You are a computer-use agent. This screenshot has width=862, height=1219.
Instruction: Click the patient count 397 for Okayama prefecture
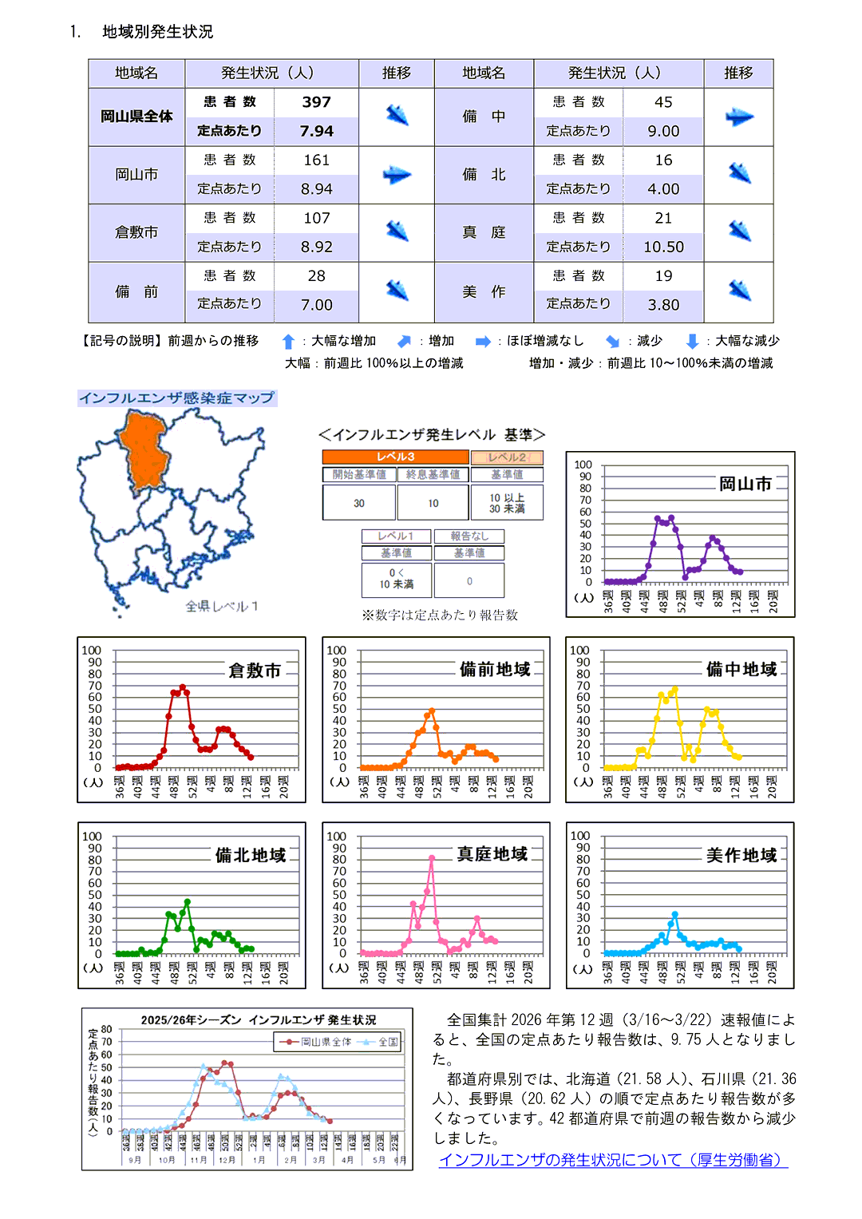[x=317, y=102]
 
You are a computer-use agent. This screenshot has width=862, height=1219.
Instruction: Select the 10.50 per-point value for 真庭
[x=663, y=247]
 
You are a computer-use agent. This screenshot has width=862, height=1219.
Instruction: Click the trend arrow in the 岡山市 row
[x=397, y=175]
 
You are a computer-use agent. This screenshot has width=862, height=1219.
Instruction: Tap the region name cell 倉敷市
[x=136, y=232]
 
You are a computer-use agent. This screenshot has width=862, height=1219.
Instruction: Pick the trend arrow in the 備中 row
[x=739, y=117]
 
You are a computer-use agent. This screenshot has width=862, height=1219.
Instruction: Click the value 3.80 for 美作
[x=663, y=305]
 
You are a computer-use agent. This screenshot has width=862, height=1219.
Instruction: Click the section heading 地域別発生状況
[x=158, y=32]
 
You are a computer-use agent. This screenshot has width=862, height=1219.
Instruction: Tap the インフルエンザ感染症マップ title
[x=176, y=398]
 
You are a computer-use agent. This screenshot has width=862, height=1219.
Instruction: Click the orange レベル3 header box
[x=395, y=457]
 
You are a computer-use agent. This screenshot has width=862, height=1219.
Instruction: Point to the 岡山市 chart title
[x=745, y=484]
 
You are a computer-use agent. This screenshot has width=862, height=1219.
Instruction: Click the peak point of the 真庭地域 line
[x=432, y=858]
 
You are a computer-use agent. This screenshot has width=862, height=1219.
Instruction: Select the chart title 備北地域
[x=251, y=855]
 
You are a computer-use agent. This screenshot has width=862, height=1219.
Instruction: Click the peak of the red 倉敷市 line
[x=183, y=687]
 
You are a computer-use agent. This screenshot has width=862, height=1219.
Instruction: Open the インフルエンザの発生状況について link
[x=613, y=1159]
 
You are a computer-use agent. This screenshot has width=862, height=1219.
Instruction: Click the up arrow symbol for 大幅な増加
[x=289, y=342]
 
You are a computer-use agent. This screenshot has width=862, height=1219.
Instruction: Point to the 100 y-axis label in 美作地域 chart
[x=580, y=836]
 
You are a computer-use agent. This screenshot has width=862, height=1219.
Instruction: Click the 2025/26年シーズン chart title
[x=258, y=1019]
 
